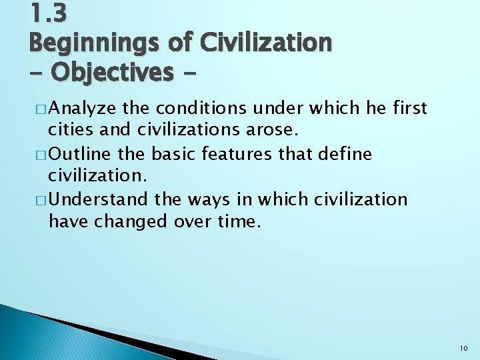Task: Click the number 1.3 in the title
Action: [48, 13]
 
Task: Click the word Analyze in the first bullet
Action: [82, 109]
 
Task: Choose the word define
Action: [343, 155]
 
